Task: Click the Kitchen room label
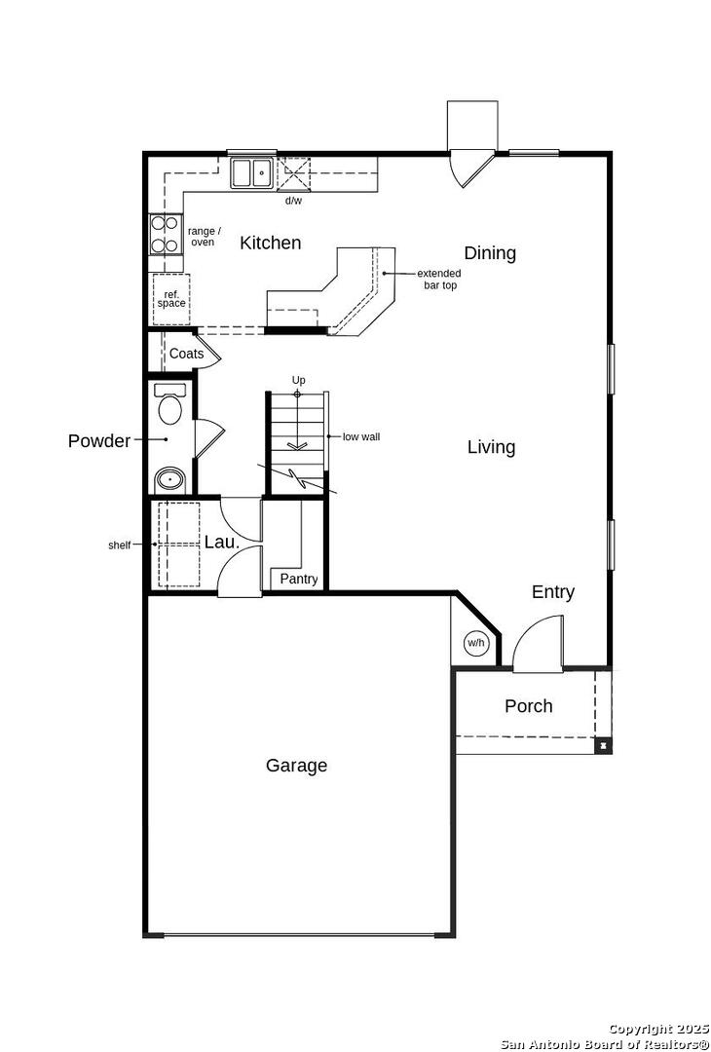(271, 243)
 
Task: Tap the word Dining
(490, 253)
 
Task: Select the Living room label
(491, 447)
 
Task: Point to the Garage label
(296, 766)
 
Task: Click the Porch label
(529, 706)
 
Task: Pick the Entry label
(552, 592)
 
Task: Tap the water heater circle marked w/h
(475, 644)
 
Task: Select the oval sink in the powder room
(169, 480)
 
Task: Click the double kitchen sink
(251, 173)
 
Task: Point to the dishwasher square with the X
(294, 174)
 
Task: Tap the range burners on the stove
(166, 235)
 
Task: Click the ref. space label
(171, 299)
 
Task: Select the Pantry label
(298, 579)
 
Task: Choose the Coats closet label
(186, 354)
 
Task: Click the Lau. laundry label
(222, 543)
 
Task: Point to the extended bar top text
(439, 280)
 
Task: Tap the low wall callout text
(361, 436)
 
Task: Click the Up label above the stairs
(298, 381)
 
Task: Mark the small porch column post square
(603, 744)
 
